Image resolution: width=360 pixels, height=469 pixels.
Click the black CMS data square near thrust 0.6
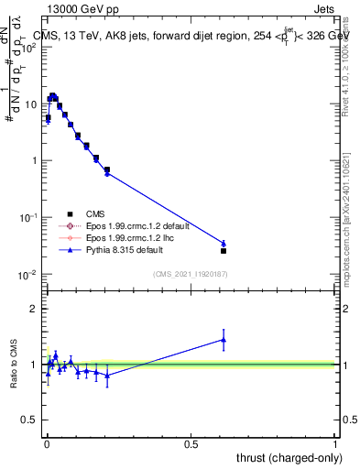224,250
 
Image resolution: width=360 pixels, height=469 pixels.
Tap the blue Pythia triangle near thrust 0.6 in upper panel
224,243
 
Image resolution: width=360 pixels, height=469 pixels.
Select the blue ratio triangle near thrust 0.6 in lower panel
224,340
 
